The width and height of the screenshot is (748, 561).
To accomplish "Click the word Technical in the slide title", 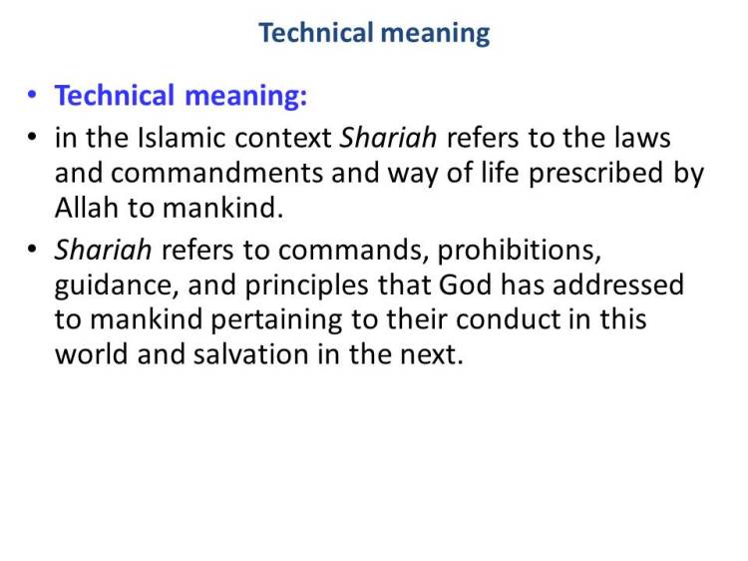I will tap(314, 33).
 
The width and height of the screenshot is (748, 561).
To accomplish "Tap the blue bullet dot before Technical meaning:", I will tap(33, 97).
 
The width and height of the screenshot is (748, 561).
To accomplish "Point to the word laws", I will tap(643, 137).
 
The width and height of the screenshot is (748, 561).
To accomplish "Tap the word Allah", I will tap(85, 210).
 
